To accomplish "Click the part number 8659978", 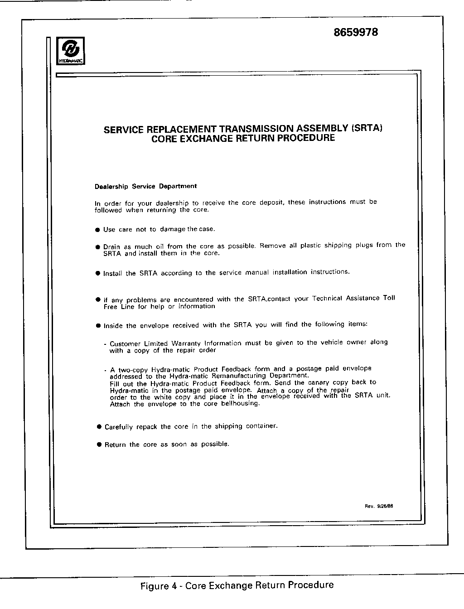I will (x=356, y=33).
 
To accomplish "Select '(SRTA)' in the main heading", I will (x=367, y=128).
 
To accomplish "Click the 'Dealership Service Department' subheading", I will (x=145, y=186).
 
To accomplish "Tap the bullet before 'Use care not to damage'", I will (x=97, y=230).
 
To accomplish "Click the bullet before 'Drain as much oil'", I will (x=97, y=247).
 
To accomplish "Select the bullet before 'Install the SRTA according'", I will (x=97, y=273).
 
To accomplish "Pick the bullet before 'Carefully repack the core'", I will (x=99, y=427).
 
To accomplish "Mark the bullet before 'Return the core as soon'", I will (x=99, y=445).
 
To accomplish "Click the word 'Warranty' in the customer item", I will (x=186, y=343).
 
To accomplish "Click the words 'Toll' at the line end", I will (x=389, y=298).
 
